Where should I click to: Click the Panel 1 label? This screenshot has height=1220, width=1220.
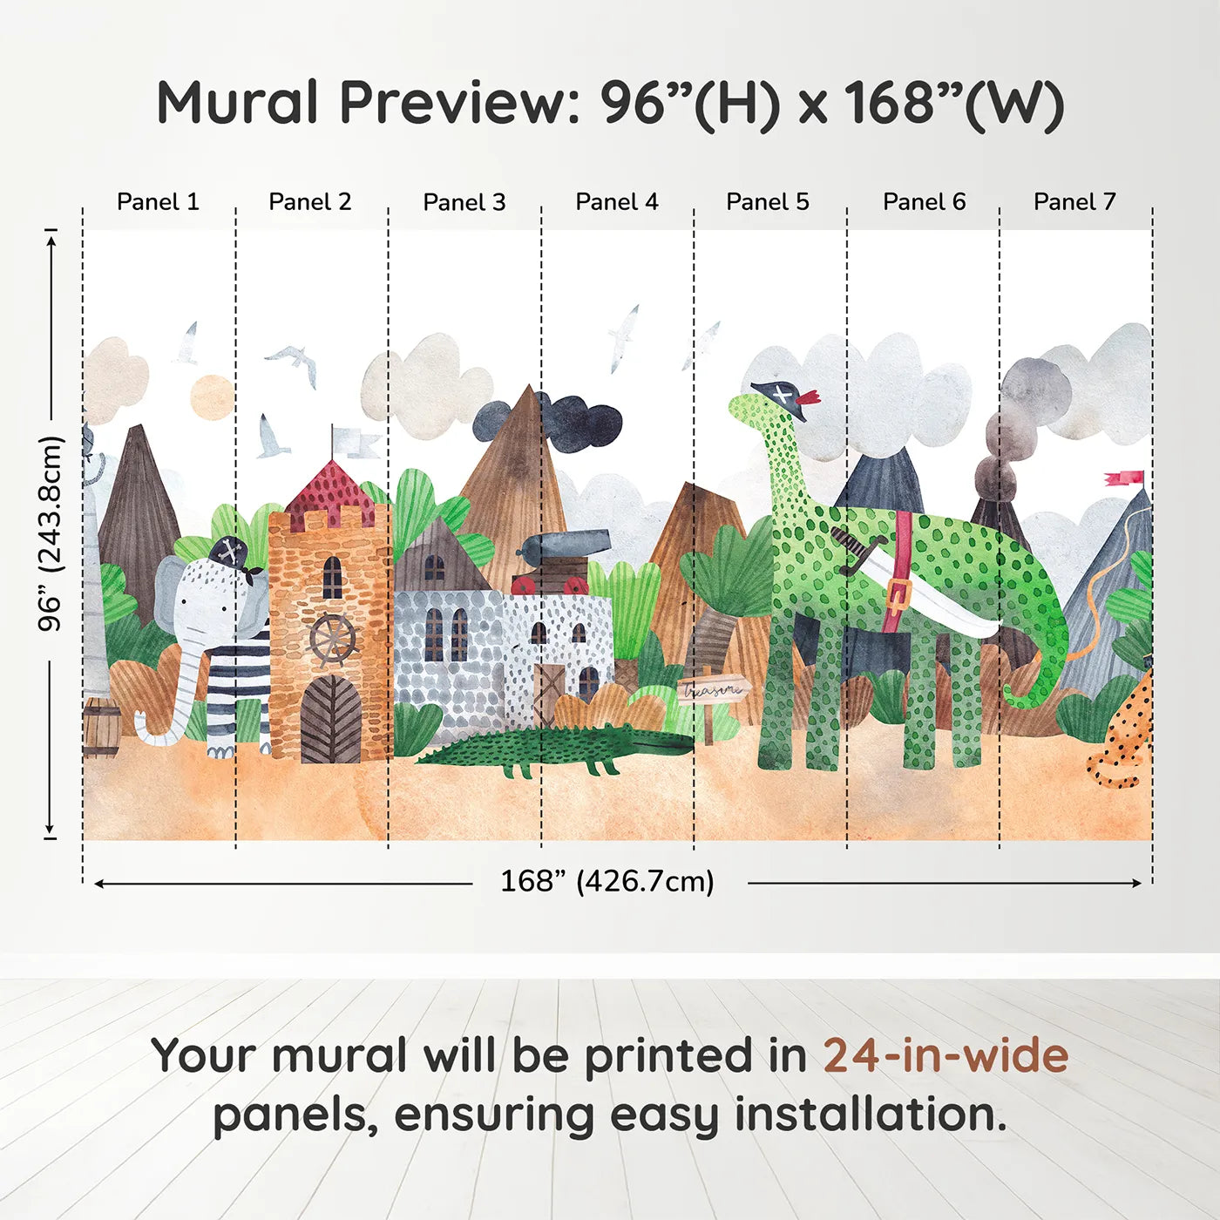(158, 202)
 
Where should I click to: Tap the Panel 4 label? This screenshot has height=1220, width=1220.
(616, 202)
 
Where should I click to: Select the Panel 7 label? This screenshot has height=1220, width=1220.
(1074, 202)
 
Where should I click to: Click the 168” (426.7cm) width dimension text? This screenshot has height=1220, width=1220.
(607, 881)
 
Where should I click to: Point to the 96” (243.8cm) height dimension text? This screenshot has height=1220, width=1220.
(51, 533)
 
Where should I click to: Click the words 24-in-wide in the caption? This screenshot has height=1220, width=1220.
(945, 1055)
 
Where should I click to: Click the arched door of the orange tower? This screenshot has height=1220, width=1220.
(330, 721)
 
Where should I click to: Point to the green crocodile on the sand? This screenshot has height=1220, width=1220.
(558, 749)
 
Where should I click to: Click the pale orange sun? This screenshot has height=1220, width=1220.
(212, 397)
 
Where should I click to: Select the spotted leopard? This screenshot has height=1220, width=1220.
(1125, 736)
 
